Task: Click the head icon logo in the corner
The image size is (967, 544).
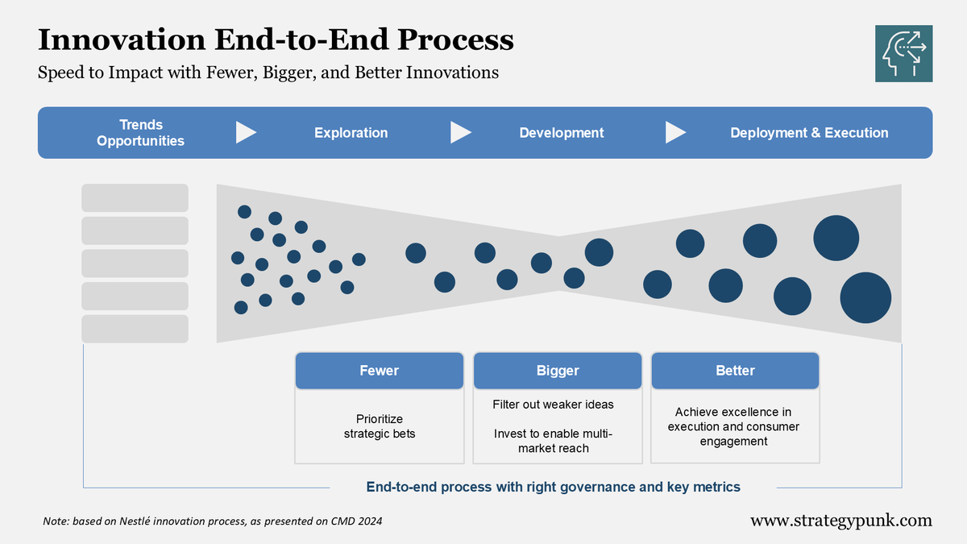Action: point(903,53)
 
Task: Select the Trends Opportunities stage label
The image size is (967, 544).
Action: point(141,133)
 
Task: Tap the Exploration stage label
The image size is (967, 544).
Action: point(351,133)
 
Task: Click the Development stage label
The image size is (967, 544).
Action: point(561,133)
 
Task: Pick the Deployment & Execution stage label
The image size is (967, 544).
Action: point(809,133)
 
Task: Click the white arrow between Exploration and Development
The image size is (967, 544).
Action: point(460,132)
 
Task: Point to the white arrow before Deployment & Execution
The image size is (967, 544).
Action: point(675,132)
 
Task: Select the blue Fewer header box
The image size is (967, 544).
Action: point(379,371)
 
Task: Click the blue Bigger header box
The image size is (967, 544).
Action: point(558,371)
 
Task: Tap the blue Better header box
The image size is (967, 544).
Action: point(735,371)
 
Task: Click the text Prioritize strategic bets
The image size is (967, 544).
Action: point(379,426)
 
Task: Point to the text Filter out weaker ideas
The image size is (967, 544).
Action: point(553,404)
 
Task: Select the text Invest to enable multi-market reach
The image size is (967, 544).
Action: point(553,441)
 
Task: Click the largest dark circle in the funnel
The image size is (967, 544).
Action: point(865,297)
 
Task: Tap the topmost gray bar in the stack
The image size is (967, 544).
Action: point(135,197)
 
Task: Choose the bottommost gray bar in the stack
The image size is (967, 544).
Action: point(135,329)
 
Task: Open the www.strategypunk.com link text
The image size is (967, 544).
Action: point(840,521)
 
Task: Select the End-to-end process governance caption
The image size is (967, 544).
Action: point(553,487)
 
